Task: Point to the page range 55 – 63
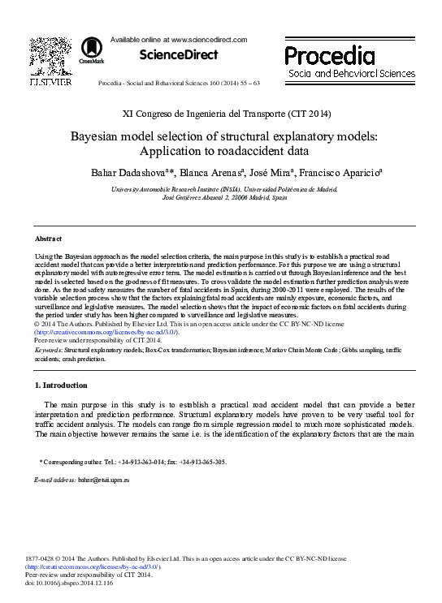click(x=243, y=84)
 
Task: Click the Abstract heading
click(x=49, y=239)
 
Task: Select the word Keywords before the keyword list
click(x=48, y=350)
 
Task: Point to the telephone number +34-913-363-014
click(x=141, y=462)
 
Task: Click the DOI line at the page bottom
click(x=69, y=583)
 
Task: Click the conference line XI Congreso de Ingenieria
click(x=219, y=113)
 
